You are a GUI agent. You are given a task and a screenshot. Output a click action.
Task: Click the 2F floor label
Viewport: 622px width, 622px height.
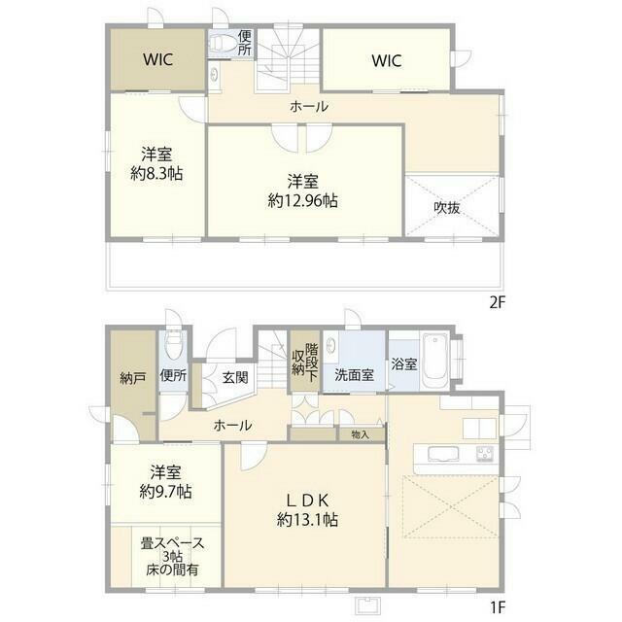498,303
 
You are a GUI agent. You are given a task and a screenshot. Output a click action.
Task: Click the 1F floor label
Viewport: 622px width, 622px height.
498,606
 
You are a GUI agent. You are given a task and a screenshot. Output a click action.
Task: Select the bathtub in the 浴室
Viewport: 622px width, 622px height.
434,362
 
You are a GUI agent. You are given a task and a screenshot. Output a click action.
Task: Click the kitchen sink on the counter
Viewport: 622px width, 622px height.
443,454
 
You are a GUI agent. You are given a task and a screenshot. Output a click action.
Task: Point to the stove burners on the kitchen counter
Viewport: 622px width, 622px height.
485,454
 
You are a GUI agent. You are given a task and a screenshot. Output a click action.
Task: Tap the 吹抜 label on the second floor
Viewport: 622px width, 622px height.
447,207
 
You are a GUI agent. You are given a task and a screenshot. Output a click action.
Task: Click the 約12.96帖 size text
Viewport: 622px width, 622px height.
302,201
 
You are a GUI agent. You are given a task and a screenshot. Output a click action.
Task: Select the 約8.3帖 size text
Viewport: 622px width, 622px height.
156,173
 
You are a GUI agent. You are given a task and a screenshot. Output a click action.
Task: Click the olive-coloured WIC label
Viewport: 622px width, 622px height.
157,59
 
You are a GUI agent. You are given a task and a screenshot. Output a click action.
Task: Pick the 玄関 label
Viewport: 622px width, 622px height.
235,377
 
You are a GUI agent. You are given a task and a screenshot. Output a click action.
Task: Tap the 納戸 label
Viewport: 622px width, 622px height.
132,378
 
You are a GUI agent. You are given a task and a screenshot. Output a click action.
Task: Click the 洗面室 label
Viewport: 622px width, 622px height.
354,374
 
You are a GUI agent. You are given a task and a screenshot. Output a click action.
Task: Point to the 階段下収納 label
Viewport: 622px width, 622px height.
305,363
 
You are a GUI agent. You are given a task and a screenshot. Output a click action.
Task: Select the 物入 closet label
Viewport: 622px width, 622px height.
361,434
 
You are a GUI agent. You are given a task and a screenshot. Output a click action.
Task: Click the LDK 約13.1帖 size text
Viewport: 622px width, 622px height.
307,519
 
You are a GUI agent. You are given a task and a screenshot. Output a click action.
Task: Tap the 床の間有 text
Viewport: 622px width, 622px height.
172,570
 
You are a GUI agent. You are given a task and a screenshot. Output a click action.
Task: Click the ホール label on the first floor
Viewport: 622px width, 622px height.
232,426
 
